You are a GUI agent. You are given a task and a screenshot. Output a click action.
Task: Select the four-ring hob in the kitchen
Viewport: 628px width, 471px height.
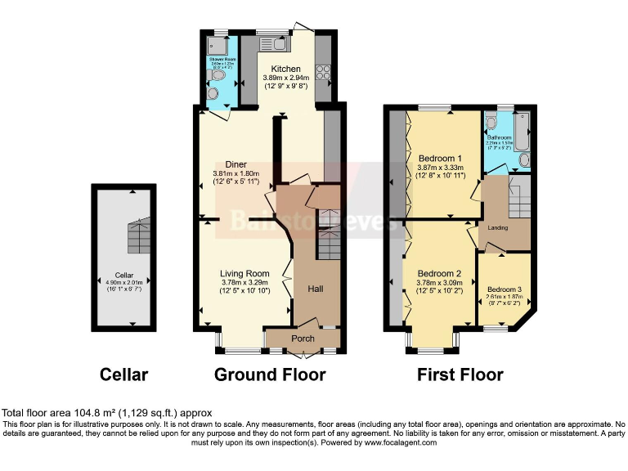[323, 72]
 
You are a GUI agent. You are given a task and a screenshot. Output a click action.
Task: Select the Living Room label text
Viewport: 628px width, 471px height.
[245, 273]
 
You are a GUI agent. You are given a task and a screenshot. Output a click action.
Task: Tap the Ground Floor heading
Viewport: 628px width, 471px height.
[270, 375]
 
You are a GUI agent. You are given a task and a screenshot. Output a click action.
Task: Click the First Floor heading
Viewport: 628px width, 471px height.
[460, 375]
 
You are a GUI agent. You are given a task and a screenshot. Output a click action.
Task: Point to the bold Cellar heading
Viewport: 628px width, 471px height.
[123, 375]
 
